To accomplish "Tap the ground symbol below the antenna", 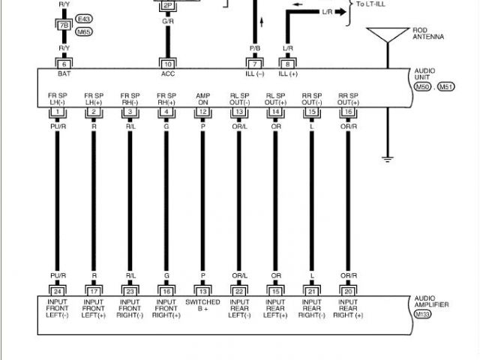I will tap(388, 158).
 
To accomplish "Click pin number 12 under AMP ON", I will tap(203, 112).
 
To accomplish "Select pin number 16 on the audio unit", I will tap(347, 112).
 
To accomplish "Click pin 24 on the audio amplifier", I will tap(57, 290).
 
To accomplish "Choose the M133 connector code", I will tap(424, 314).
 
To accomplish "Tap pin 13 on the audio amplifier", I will tap(203, 290).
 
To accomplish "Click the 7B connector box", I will tap(63, 25).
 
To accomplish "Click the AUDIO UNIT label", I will tap(424, 74).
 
